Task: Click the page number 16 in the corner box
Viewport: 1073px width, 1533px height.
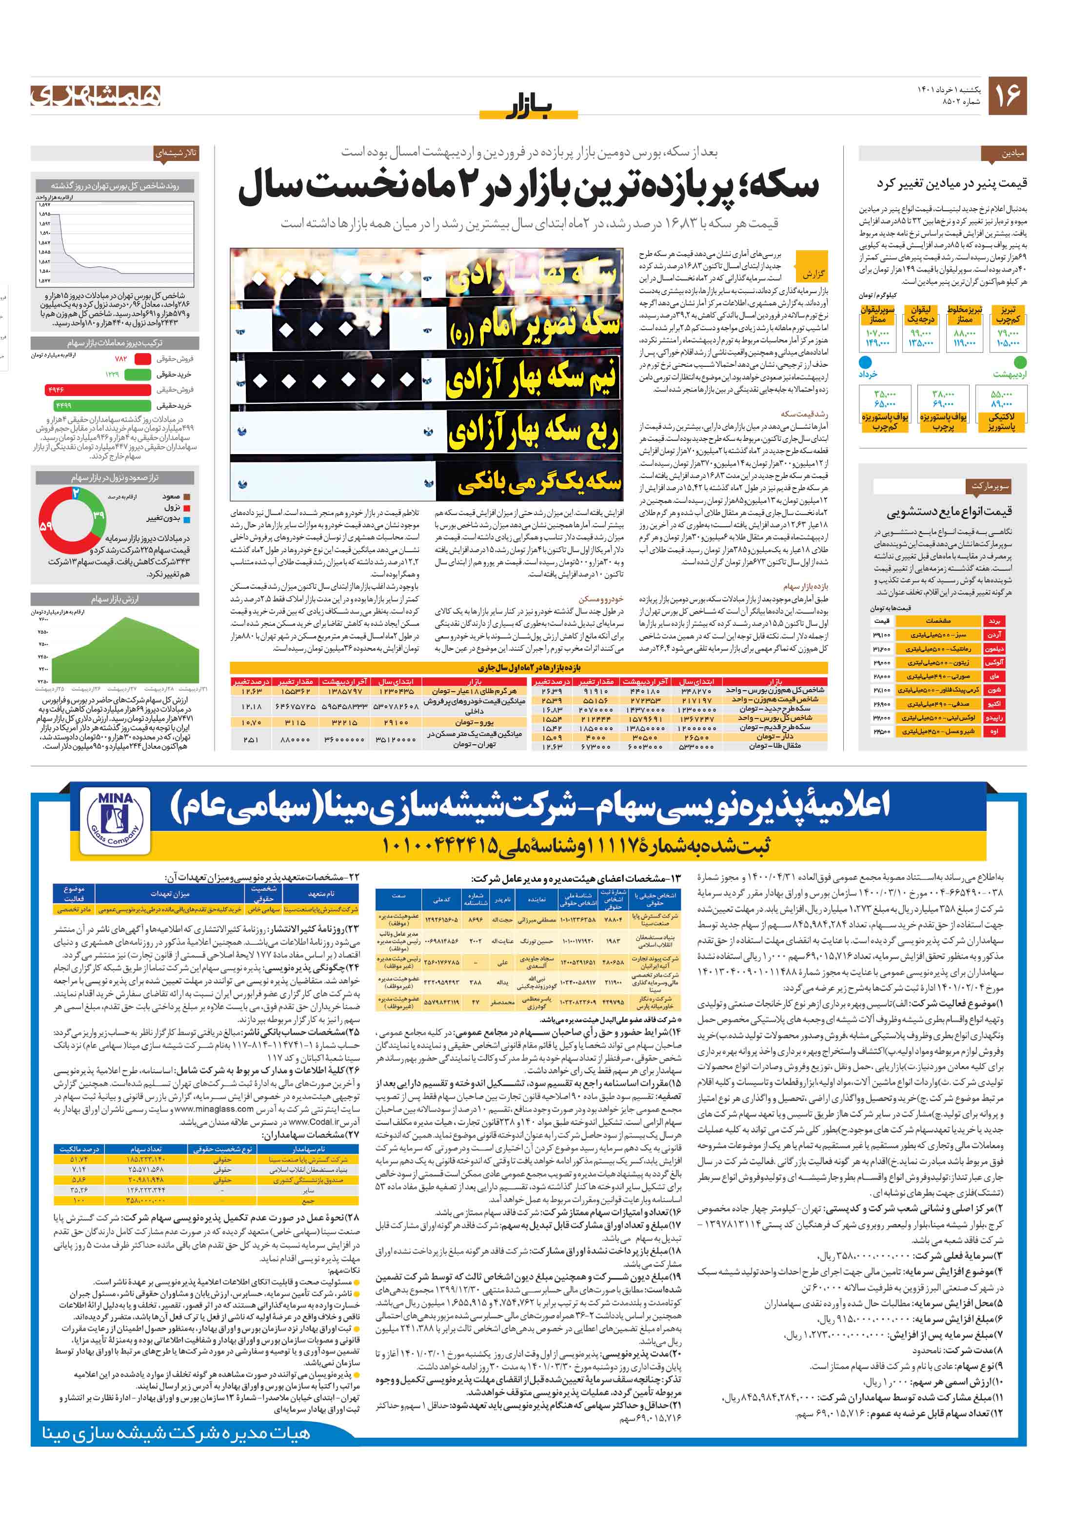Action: click(1007, 96)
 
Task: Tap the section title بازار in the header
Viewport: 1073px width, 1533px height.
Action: click(528, 107)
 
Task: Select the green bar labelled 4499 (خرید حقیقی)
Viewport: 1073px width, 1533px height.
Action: click(102, 405)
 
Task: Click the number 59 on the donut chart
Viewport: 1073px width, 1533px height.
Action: click(46, 525)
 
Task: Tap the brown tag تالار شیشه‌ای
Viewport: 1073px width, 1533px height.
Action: click(176, 153)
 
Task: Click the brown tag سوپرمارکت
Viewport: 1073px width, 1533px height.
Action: click(990, 486)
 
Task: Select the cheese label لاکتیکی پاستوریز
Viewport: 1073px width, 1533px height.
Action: click(1002, 421)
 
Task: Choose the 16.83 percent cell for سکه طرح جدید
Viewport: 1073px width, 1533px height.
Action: click(552, 709)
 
